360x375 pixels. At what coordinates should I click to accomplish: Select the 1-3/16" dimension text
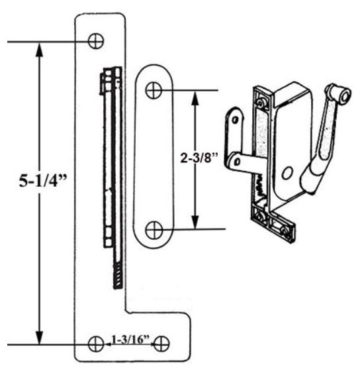[x=130, y=341]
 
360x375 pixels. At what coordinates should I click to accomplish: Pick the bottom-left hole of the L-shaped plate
[x=96, y=343]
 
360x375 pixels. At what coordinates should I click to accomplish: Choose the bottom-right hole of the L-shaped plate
[x=163, y=343]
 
